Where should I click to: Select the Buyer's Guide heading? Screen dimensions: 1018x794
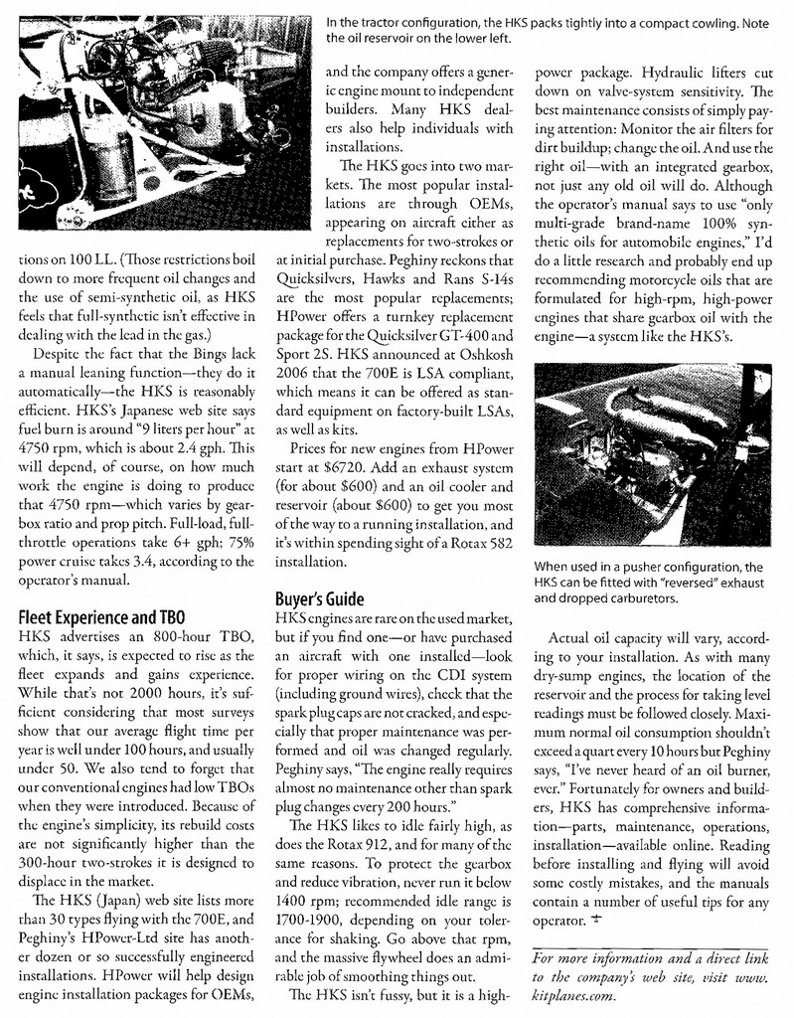pyautogui.click(x=318, y=599)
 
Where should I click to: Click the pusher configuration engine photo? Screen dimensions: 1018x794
pyautogui.click(x=652, y=453)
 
